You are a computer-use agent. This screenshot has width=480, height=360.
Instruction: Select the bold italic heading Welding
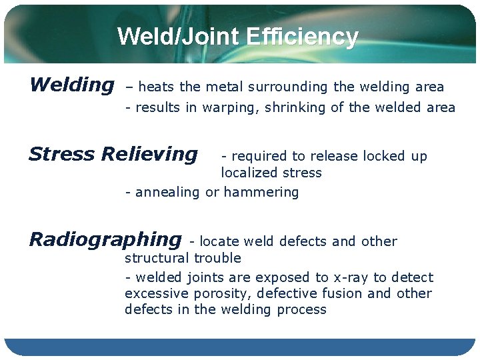click(71, 85)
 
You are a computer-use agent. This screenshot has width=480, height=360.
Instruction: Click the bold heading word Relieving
click(150, 155)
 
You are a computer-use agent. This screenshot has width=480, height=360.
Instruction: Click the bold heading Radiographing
click(105, 239)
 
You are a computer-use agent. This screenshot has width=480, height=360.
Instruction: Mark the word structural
click(157, 258)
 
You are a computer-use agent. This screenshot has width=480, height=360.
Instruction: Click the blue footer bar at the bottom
click(240, 347)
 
